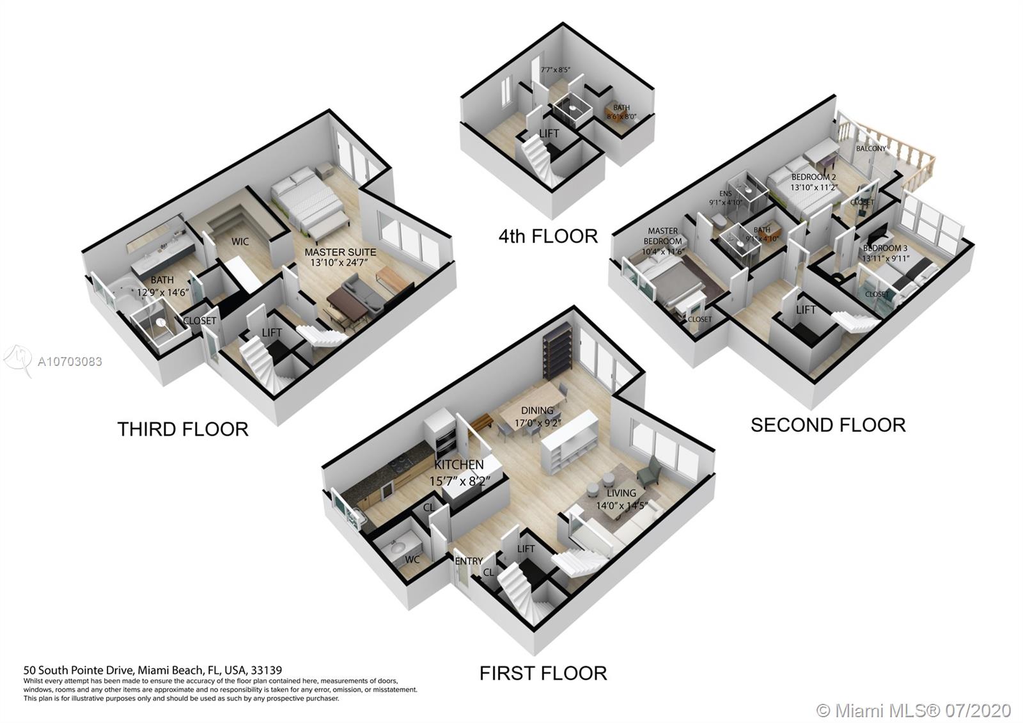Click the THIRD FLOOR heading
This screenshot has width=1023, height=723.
183,429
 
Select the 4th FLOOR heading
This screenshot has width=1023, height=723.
548,236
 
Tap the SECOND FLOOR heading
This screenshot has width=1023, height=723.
828,425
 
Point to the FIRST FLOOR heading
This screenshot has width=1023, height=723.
543,673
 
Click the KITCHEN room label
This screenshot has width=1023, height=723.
459,465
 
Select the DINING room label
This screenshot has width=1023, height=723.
537,411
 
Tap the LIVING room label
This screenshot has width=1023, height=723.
621,493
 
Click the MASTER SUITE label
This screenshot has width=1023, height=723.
340,252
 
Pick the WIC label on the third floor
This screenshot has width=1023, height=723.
240,241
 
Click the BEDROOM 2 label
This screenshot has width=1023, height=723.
813,177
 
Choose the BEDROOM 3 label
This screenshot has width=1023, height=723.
885,248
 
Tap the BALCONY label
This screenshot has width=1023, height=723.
871,148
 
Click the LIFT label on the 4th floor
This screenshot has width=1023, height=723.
549,134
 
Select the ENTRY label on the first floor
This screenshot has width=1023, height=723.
469,561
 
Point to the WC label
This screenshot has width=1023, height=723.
412,560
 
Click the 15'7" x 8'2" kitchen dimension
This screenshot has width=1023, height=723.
460,481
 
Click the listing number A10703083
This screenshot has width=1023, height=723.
70,361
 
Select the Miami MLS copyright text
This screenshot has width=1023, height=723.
914,710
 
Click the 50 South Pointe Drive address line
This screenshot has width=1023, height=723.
153,671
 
